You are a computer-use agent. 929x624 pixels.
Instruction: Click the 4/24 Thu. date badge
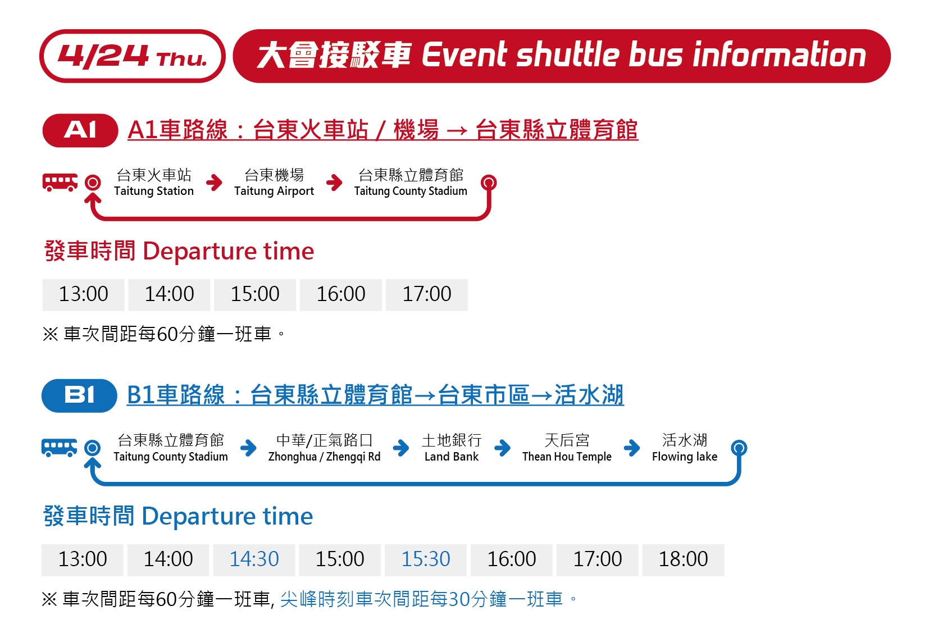[x=133, y=56]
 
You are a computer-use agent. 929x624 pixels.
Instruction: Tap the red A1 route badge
[x=80, y=130]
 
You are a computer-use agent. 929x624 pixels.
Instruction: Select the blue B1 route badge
[x=79, y=395]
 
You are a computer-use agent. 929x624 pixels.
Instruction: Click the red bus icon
[x=60, y=183]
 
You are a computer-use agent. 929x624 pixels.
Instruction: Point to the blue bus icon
[x=59, y=448]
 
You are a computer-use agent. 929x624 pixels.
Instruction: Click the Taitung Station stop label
[x=154, y=183]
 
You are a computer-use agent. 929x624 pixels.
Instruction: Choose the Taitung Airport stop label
[x=274, y=183]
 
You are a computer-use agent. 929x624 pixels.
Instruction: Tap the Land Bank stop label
[x=452, y=448]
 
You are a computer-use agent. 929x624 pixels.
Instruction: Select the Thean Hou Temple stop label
[x=567, y=448]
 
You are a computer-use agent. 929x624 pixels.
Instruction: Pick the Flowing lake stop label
[x=685, y=448]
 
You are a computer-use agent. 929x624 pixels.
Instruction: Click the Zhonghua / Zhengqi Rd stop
[x=324, y=448]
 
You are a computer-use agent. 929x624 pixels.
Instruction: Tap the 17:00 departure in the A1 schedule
[x=427, y=295]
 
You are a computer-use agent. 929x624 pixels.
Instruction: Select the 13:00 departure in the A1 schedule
[x=83, y=295]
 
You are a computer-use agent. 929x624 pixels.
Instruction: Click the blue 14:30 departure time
[x=254, y=560]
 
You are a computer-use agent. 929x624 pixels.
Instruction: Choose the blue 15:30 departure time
[x=426, y=560]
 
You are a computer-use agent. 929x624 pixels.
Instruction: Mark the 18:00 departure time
[x=683, y=560]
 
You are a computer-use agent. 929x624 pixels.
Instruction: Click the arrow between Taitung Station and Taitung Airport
[x=214, y=183]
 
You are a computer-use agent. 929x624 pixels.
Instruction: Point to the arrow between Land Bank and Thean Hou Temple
[x=502, y=448]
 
